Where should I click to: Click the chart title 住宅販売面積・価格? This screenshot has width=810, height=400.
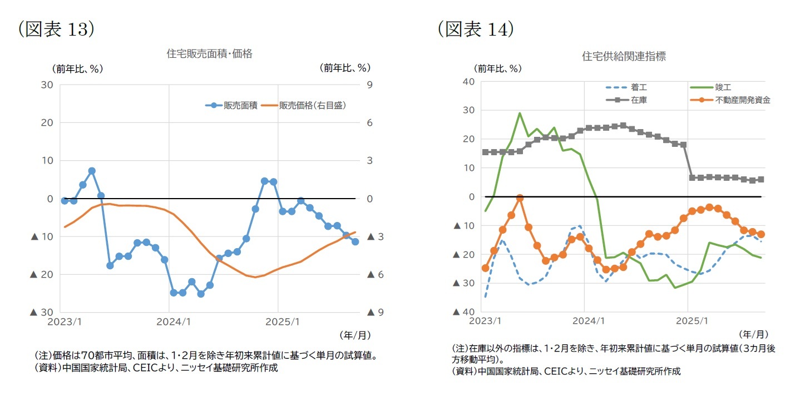point(209,54)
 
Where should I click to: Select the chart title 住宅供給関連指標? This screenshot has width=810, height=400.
point(624,56)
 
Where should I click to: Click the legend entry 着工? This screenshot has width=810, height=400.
point(639,87)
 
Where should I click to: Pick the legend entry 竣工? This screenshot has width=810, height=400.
point(723,87)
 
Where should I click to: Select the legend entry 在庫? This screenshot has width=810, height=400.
point(639,100)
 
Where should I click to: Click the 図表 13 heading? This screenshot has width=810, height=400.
point(56,29)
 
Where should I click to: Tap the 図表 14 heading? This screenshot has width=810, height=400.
point(476,29)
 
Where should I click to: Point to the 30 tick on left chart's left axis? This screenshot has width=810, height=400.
point(47,85)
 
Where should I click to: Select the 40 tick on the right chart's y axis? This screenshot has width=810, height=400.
point(467,82)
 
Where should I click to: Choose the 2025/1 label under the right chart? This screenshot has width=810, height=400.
point(692,321)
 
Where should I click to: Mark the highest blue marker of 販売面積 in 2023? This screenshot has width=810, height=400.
point(92,171)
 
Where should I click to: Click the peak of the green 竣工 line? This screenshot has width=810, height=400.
point(520,113)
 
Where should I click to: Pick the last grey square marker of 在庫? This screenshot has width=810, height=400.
point(760,179)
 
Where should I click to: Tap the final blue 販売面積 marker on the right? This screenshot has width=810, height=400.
point(355,241)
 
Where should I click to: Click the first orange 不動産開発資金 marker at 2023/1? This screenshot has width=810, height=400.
point(485,268)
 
